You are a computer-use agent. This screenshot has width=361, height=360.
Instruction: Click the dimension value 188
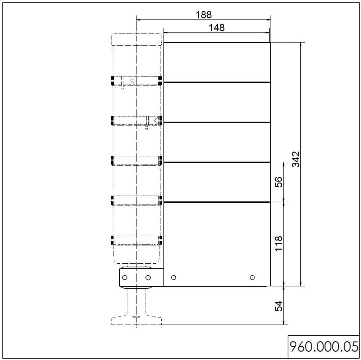coord(203,15)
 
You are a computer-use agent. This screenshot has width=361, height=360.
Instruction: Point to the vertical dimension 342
coord(296,159)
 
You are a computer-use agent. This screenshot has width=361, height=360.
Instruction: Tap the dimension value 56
coord(278,182)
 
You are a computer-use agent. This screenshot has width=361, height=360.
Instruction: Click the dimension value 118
coord(278,243)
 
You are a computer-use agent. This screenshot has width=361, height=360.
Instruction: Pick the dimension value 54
coord(278,306)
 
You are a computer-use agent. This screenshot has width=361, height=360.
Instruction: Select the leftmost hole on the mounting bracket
coord(125,277)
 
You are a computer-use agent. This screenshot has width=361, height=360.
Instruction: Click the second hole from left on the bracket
coord(148,277)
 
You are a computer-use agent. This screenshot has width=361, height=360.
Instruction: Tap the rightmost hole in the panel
coord(252,277)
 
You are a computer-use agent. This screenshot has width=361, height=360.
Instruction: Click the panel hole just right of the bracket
coord(174,277)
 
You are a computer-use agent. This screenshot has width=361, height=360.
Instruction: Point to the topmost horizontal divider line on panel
coord(217,83)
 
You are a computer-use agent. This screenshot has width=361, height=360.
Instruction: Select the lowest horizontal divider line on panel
coord(217,202)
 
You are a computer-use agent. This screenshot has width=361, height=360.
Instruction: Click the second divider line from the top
coord(217,123)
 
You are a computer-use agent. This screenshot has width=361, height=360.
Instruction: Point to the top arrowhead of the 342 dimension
coord(300,45)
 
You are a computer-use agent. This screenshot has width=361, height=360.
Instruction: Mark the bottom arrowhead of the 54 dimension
coord(284,322)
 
